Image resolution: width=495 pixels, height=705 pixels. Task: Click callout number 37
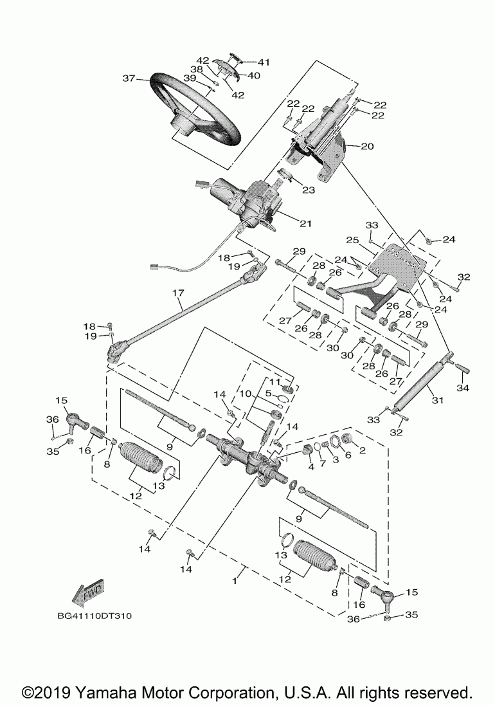point(129,78)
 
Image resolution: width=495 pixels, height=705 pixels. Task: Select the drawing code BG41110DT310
point(94,616)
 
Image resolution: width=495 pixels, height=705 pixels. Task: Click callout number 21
point(305,223)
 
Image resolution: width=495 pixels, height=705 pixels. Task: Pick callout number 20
point(367,146)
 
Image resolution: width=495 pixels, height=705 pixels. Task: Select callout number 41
point(263,62)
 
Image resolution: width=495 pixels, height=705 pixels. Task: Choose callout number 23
point(309,190)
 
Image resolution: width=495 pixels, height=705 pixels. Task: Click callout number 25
point(353,240)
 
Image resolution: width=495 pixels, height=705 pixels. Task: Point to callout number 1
point(234,581)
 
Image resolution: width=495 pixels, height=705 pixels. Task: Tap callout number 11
point(274,381)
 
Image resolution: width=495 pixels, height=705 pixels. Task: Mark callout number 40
point(253,75)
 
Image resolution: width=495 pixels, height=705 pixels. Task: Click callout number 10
point(245,394)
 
